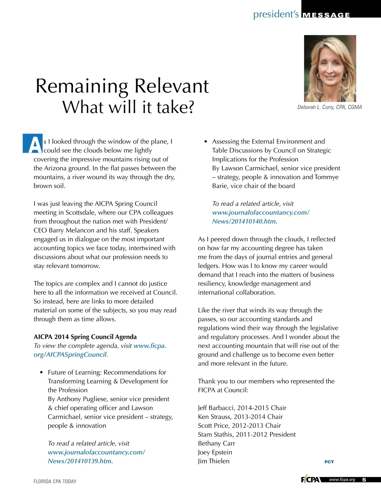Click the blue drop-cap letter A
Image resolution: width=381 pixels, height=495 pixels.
pyautogui.click(x=33, y=144)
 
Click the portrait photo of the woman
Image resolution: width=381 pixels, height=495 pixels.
pyautogui.click(x=330, y=68)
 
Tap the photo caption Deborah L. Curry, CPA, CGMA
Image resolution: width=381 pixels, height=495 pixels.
pyautogui.click(x=329, y=107)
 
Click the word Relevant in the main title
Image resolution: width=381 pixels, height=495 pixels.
pyautogui.click(x=171, y=86)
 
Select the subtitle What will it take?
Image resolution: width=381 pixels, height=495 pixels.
pyautogui.click(x=128, y=107)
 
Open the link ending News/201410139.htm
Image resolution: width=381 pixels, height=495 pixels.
pyautogui.click(x=80, y=461)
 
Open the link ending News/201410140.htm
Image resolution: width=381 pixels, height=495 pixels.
pyautogui.click(x=244, y=221)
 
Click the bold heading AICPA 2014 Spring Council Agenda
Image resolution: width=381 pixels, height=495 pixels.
pyautogui.click(x=85, y=337)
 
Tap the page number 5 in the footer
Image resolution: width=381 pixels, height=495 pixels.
pyautogui.click(x=364, y=480)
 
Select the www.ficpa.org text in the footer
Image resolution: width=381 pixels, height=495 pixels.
pyautogui.click(x=342, y=480)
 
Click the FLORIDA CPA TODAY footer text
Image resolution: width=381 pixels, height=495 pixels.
pyautogui.click(x=55, y=481)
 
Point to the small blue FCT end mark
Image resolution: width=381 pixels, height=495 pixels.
pyautogui.click(x=329, y=462)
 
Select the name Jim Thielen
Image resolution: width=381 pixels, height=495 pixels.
pyautogui.click(x=213, y=461)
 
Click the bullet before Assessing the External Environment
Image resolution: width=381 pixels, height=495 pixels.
pyautogui.click(x=205, y=142)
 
